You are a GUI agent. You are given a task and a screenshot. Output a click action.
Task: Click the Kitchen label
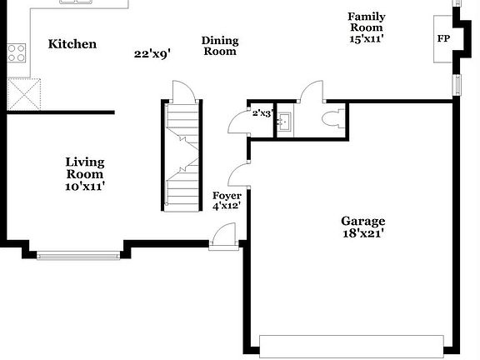[72, 44]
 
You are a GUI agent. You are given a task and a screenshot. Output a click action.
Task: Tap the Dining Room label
[220, 46]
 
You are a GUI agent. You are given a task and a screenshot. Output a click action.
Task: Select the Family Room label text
[367, 22]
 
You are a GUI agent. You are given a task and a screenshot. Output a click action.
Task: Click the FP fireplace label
[443, 38]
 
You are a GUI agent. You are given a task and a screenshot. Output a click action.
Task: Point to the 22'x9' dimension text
[152, 54]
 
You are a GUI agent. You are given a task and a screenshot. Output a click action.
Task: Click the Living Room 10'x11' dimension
[85, 187]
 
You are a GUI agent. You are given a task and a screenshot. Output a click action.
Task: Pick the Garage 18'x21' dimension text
[363, 234]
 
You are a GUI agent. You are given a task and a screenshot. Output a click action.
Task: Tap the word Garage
[363, 221]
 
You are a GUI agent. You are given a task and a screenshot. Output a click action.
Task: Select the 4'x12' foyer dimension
[227, 206]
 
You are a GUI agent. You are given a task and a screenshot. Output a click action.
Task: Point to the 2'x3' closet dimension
[262, 112]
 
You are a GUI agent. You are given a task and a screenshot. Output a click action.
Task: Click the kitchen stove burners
[17, 53]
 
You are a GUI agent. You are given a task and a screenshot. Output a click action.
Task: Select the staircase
[182, 154]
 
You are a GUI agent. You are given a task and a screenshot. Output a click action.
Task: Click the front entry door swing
[222, 237]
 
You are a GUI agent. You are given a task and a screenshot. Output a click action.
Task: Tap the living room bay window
[80, 255]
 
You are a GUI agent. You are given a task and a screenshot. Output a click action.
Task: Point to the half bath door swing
[310, 92]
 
